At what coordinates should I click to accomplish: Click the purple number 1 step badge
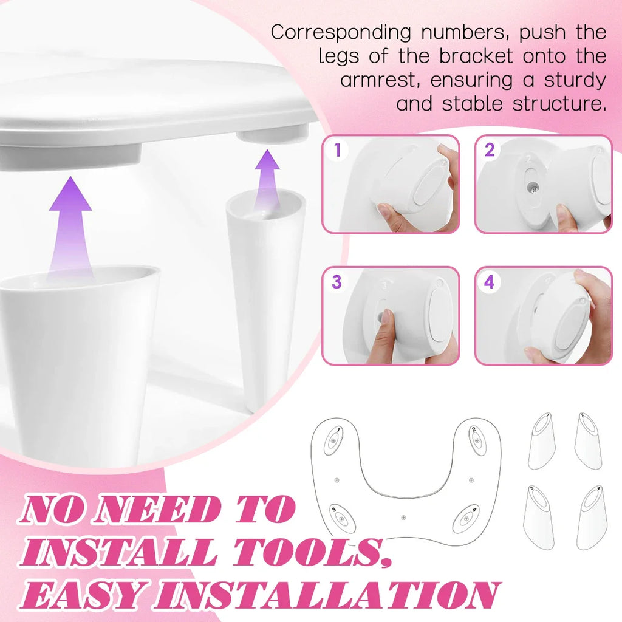338,150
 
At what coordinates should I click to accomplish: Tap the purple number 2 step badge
490,150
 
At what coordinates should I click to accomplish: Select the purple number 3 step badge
337,282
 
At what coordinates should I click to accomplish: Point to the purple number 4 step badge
490,282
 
